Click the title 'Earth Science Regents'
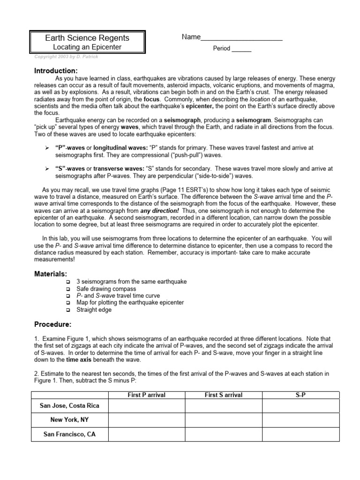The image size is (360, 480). (87, 38)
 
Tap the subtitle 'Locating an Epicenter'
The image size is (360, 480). (87, 47)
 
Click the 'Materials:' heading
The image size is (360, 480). (51, 274)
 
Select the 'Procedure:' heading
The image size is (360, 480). (53, 324)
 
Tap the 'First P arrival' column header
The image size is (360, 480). (147, 395)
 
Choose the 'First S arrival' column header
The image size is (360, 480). (224, 395)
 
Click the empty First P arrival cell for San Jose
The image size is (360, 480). (147, 405)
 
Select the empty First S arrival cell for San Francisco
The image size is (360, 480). (224, 435)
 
